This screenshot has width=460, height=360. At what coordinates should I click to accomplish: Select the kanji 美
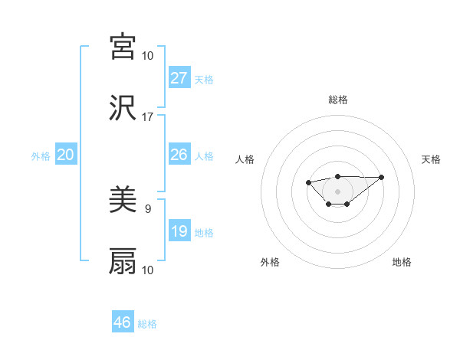coord(123,201)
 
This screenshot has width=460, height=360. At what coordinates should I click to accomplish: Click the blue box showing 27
coord(179,77)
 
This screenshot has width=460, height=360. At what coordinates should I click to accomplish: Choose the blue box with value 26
coord(179,155)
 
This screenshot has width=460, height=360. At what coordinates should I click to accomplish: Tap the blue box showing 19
coord(179,231)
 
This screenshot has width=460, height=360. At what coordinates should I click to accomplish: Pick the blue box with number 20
coord(65,155)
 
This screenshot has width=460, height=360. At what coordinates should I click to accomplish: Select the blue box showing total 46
coord(123,322)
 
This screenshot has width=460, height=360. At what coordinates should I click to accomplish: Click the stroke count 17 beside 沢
coord(147,117)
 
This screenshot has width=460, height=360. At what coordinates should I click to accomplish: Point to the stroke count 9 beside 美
coord(147,208)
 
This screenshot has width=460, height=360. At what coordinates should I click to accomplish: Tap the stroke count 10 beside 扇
coord(147,270)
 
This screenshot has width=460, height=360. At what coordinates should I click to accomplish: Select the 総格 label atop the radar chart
coord(337,100)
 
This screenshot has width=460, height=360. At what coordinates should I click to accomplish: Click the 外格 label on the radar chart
coord(270,262)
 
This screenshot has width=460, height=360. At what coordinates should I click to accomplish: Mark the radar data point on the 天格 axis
coord(382,177)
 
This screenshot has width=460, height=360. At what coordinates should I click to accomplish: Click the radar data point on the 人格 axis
coord(308,182)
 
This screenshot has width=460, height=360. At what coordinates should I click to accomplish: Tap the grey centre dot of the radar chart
coord(337,191)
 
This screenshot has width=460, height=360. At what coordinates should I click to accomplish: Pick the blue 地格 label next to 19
coord(204,232)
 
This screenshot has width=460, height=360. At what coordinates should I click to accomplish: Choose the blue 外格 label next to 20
coord(41,155)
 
